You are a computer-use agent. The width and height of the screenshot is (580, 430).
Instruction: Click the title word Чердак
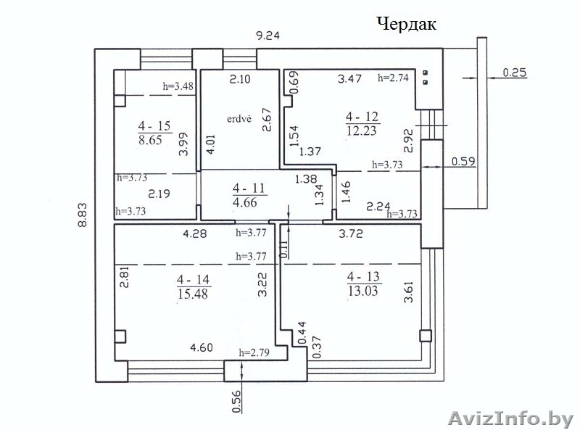[x=407, y=24]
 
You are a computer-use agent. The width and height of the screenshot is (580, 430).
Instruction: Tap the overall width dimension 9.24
[x=268, y=36]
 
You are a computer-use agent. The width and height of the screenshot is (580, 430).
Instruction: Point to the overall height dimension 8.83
[x=82, y=215]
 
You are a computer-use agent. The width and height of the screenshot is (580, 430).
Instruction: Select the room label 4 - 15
[x=154, y=126]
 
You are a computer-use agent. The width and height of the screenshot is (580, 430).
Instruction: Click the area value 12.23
[x=362, y=131]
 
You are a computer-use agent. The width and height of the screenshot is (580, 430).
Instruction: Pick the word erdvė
[x=239, y=119]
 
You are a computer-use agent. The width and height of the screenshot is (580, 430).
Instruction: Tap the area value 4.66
[x=245, y=202]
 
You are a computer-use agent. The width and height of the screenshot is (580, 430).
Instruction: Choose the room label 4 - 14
[x=193, y=279]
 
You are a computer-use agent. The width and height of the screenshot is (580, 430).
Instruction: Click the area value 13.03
[x=363, y=291]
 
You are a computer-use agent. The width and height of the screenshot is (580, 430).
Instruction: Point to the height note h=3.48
[x=178, y=86]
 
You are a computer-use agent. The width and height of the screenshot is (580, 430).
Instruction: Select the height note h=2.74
[x=393, y=78]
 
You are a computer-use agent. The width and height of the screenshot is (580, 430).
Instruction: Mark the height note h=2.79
[x=254, y=352]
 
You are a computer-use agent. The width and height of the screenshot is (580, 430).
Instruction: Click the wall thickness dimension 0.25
[x=515, y=73]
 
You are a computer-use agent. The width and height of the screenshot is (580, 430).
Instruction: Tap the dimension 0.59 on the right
[x=463, y=162]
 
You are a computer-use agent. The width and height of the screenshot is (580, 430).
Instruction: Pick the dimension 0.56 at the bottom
[x=237, y=402]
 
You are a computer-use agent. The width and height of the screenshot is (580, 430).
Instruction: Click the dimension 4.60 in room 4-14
[x=202, y=348]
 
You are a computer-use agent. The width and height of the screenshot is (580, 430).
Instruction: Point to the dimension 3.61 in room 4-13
[x=408, y=292]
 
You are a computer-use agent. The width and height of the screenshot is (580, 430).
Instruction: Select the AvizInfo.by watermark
[x=510, y=418]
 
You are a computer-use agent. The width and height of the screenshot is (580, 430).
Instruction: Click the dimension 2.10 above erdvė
[x=240, y=79]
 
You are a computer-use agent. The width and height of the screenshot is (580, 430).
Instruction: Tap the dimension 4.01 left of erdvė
[x=210, y=144]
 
